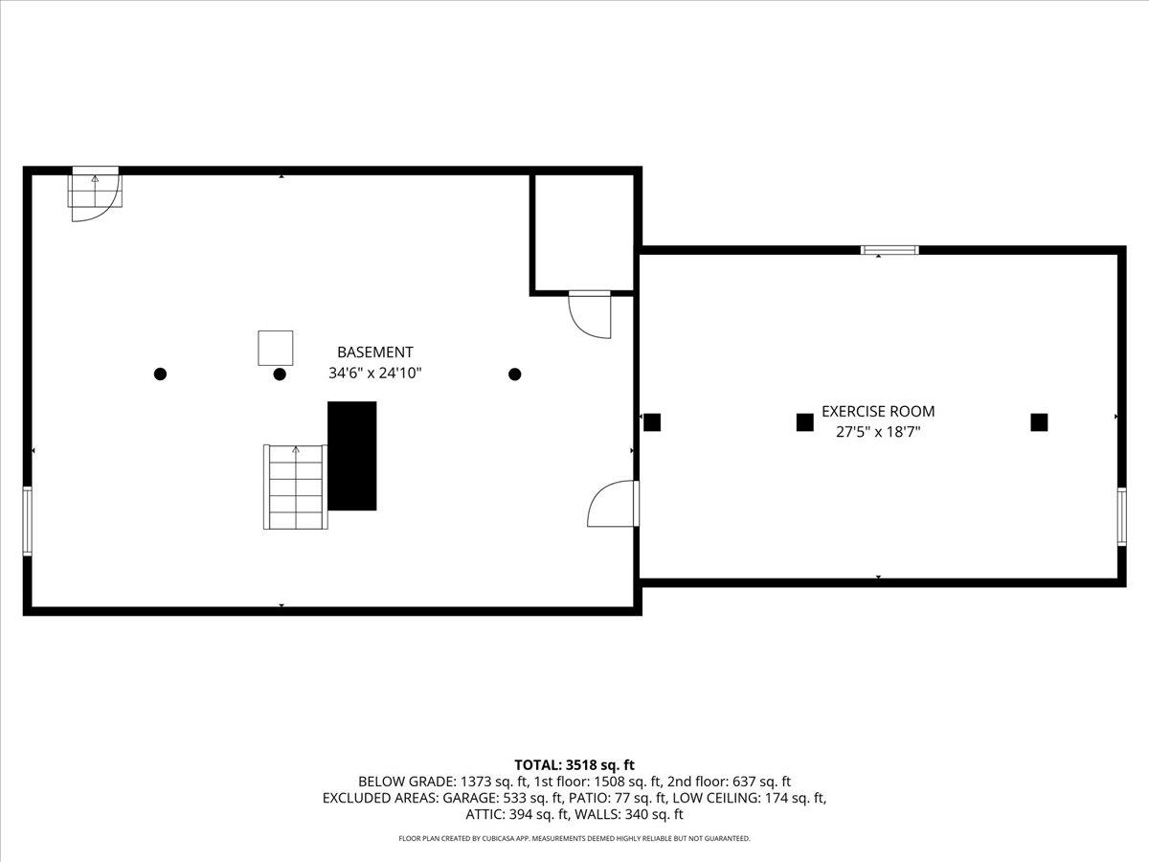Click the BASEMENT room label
(375, 352)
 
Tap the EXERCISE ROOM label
(878, 412)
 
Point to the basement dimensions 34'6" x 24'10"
(375, 374)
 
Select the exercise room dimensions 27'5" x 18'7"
(878, 432)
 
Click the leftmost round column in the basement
(161, 374)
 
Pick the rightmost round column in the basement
(514, 374)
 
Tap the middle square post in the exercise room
(804, 422)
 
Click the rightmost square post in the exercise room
(1039, 422)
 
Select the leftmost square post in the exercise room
(652, 422)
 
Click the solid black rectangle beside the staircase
(352, 456)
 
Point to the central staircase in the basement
(296, 487)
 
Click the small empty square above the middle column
(276, 347)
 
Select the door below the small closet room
(589, 313)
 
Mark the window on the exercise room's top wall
(890, 250)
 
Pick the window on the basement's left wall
(28, 521)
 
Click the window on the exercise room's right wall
(1121, 516)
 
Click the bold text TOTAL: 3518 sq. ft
(574, 764)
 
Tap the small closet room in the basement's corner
(582, 231)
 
